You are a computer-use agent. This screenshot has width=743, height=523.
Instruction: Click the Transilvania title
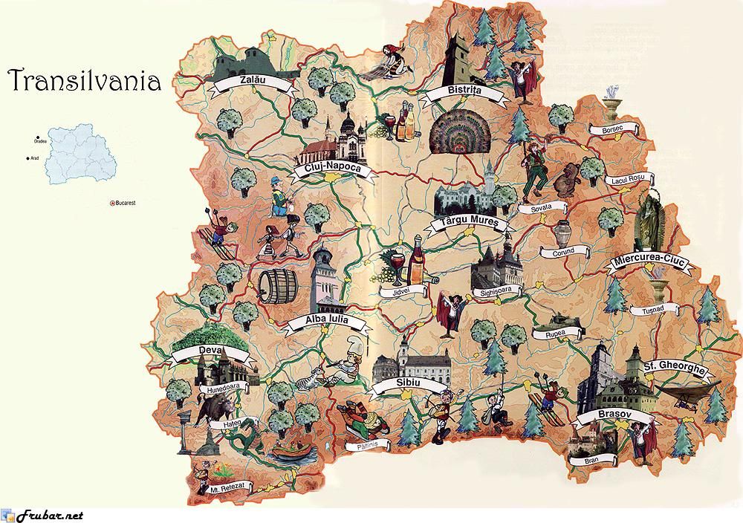click(83, 79)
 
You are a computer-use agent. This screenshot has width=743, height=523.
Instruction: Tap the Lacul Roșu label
click(628, 178)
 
